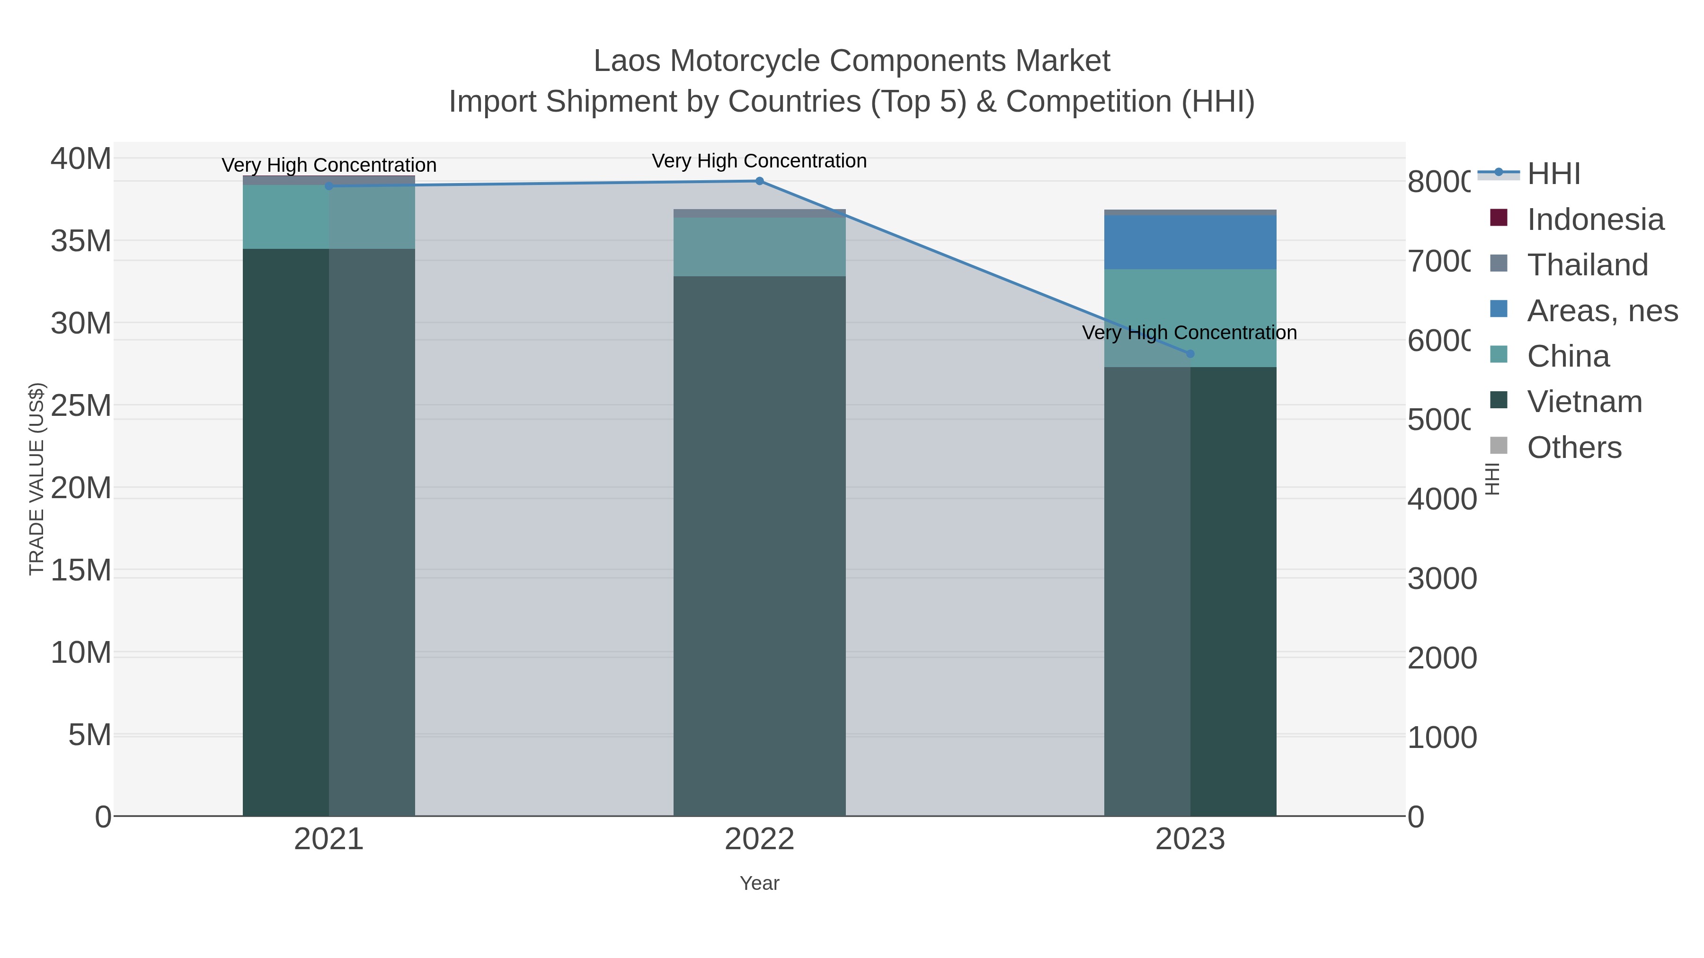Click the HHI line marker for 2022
[x=759, y=181]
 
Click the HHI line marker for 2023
[x=1190, y=354]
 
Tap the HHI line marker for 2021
[x=329, y=186]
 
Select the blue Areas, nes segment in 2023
[x=1190, y=242]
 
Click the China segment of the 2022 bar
[x=759, y=246]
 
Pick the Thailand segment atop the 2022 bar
[x=759, y=213]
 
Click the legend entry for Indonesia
[x=1595, y=220]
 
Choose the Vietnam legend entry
[x=1584, y=401]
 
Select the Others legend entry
[x=1574, y=448]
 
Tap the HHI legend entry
[x=1553, y=174]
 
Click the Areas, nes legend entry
[x=1601, y=311]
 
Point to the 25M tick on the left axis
[x=80, y=406]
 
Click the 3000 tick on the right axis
[x=1441, y=579]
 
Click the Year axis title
[x=759, y=883]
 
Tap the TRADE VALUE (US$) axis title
[x=36, y=479]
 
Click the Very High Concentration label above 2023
[x=1189, y=333]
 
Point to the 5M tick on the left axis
[x=90, y=735]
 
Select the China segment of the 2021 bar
[x=329, y=217]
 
